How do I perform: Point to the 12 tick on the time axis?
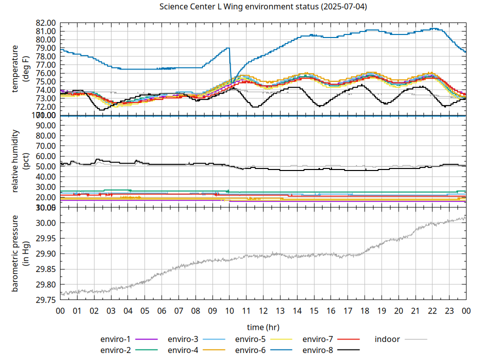coord(263,310)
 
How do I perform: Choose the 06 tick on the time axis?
coord(161,310)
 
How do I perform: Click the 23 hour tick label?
coord(449,310)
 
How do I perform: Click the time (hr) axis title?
coord(263,327)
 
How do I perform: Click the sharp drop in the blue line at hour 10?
coord(230,65)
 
